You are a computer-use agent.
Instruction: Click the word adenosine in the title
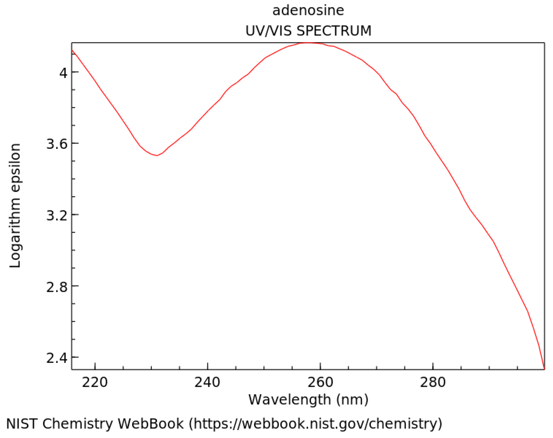[x=308, y=11]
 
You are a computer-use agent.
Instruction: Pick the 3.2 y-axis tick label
[x=56, y=215]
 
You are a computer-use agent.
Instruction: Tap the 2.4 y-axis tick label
[x=56, y=358]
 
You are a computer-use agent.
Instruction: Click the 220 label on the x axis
[x=95, y=383]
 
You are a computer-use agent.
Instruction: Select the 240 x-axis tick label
[x=207, y=383]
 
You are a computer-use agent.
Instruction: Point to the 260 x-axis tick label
[x=320, y=383]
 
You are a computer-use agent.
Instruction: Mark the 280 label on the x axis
[x=433, y=383]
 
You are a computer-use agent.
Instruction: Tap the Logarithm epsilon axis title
[x=15, y=206]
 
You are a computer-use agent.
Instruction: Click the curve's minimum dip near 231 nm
[x=157, y=155]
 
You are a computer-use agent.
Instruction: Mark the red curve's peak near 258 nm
[x=309, y=43]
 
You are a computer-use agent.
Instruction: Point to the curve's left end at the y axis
[x=72, y=50]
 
